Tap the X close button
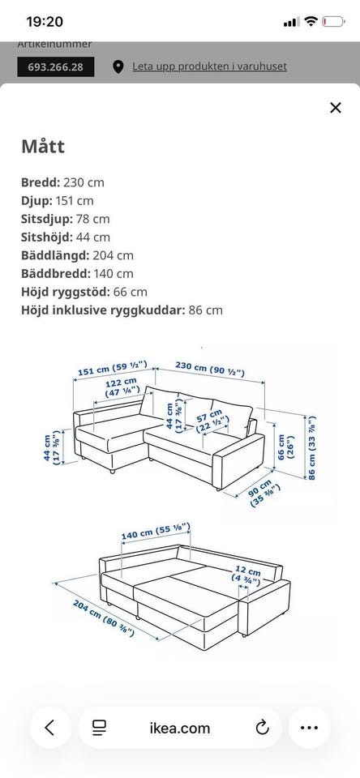pos(336,108)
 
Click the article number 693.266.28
pos(56,66)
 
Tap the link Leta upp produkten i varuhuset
pos(209,66)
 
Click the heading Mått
pos(43,147)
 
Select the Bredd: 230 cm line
pos(62,182)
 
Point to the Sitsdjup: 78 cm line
pos(66,219)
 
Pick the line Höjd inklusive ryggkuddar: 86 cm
pos(122,310)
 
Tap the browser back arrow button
pos(50,727)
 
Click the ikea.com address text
pos(179,728)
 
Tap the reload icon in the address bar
pos(262,727)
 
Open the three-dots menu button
pos(309,727)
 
